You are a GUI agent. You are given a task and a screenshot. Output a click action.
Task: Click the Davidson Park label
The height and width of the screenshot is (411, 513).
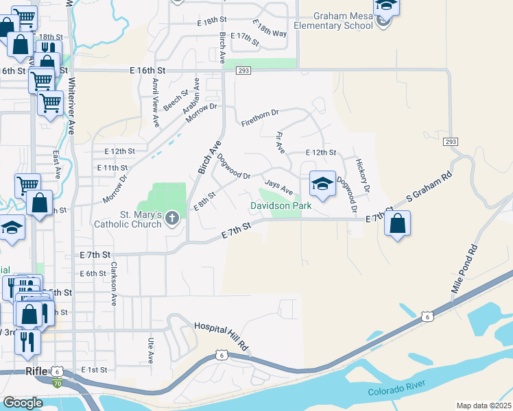point(281,206)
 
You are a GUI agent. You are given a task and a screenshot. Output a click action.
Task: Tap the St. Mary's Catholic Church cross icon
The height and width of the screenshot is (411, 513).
point(172,219)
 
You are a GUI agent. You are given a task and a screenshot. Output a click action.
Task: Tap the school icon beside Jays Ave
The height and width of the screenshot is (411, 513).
point(322,184)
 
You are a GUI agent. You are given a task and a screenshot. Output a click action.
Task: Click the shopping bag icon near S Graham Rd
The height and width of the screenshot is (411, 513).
point(398,223)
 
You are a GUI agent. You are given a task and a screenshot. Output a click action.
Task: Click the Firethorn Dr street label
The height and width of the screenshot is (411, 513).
point(261,118)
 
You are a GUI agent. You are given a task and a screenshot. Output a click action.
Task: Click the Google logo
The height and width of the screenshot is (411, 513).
point(23,403)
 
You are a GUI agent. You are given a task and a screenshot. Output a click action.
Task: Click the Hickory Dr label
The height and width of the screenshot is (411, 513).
point(362,175)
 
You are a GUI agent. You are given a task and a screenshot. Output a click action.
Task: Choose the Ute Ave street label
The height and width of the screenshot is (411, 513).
point(151,350)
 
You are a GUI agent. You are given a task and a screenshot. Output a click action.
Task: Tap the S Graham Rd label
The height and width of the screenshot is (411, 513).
point(430,187)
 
